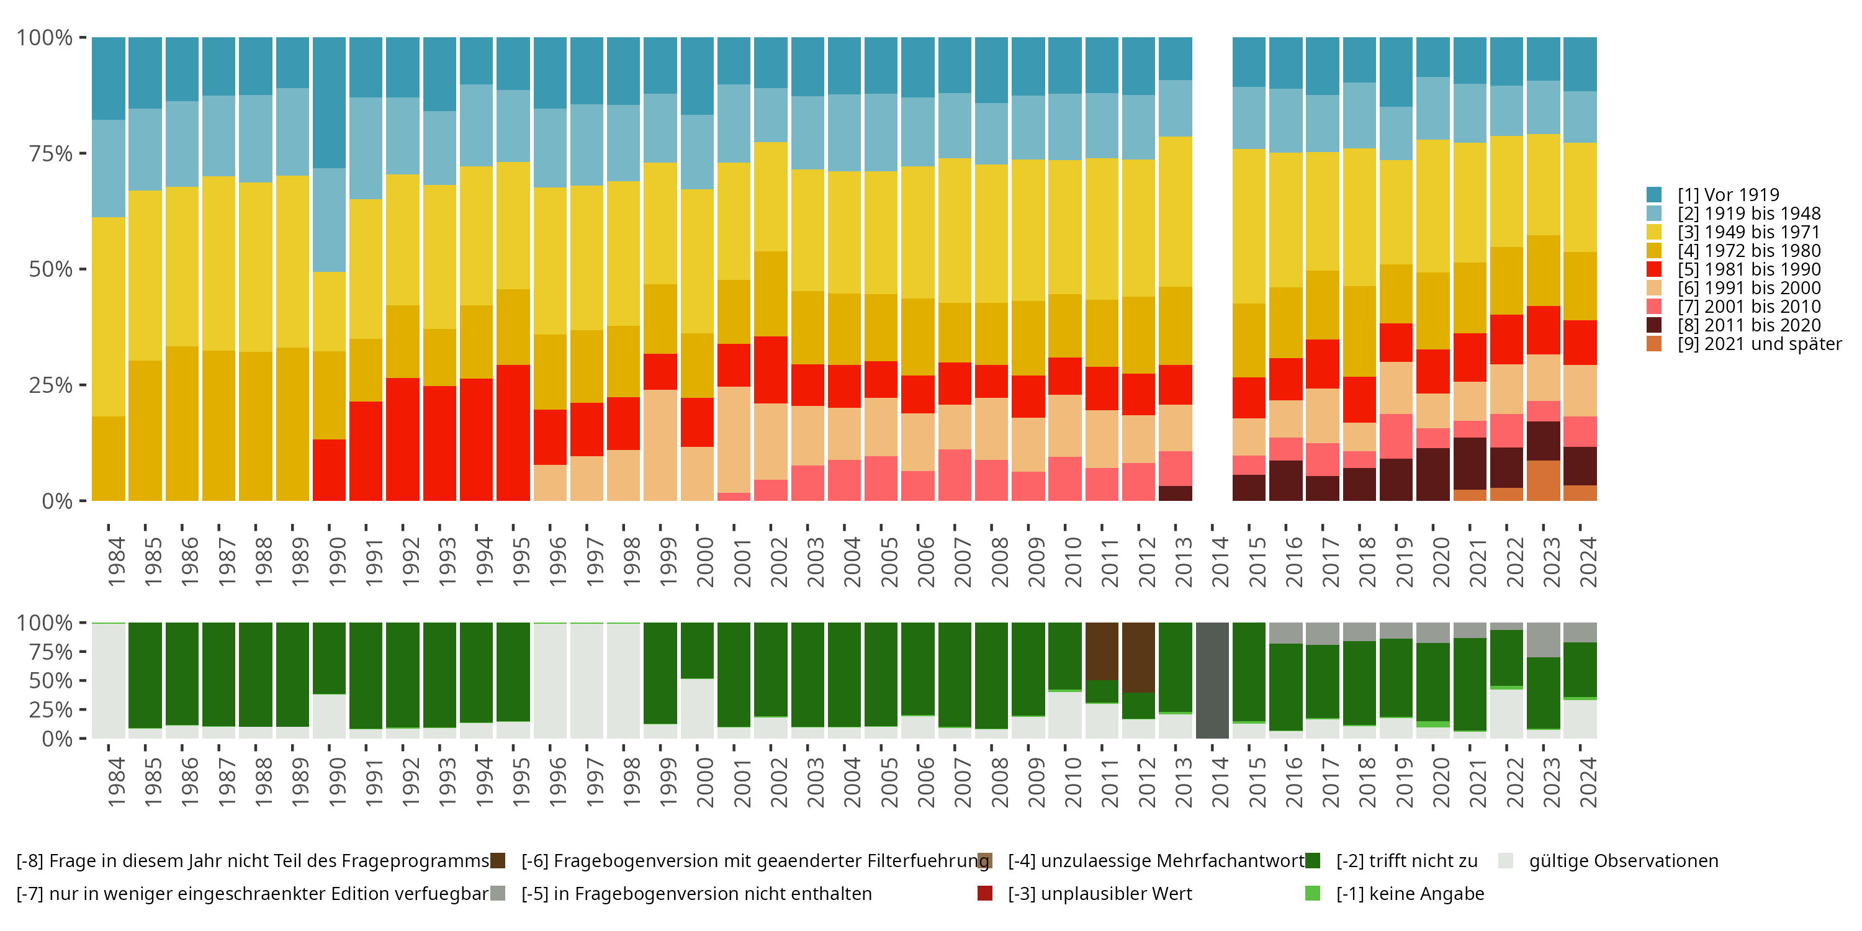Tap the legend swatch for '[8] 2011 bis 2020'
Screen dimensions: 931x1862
pos(1654,325)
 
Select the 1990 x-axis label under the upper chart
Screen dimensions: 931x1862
pos(337,562)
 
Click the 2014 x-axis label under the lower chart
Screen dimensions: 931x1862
pos(1220,782)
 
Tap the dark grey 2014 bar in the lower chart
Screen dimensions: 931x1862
pos(1212,680)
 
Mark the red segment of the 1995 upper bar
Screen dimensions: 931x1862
pos(513,432)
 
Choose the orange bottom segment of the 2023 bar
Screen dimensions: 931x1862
pos(1543,480)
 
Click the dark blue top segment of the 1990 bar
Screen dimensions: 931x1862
pos(329,102)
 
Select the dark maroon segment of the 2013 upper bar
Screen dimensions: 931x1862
pos(1176,493)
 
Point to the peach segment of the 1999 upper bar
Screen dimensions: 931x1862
pos(660,444)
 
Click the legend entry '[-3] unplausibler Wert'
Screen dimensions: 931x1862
pos(1099,894)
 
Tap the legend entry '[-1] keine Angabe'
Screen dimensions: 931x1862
pos(1410,894)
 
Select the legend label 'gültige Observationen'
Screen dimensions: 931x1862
pos(1624,861)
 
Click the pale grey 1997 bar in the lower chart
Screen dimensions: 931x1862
pos(586,680)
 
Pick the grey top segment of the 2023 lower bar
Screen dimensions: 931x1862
pos(1543,640)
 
